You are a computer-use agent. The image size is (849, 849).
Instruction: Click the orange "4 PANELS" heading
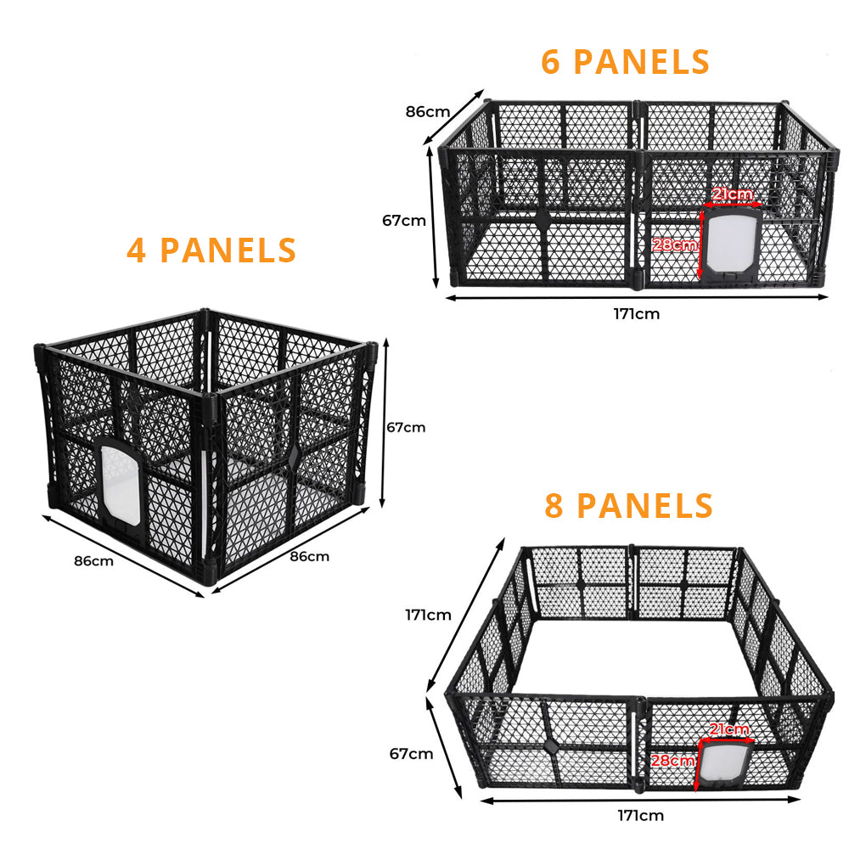pos(211,250)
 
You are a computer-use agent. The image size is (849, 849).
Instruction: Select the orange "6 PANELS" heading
pos(625,63)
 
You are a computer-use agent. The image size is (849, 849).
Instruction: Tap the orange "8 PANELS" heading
pos(628,505)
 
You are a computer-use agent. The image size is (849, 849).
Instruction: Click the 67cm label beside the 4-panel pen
pos(406,427)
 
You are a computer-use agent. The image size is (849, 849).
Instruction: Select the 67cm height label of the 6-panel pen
pos(404,220)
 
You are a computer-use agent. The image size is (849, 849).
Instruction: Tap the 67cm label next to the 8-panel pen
pos(411,753)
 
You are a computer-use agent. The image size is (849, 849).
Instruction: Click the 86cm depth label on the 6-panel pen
pos(427,111)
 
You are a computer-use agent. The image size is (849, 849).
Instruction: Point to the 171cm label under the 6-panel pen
pos(636,313)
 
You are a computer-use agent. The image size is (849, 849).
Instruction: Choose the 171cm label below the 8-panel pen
pos(640,816)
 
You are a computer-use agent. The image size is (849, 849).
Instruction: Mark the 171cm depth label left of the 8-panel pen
pos(428,615)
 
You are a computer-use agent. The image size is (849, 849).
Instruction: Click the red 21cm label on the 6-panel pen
pos(732,195)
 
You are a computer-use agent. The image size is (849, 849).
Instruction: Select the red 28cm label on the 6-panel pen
pos(676,245)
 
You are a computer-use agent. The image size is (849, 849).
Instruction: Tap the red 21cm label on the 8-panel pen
pos(729,729)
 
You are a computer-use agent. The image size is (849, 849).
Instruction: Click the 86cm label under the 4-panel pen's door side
pos(93,560)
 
